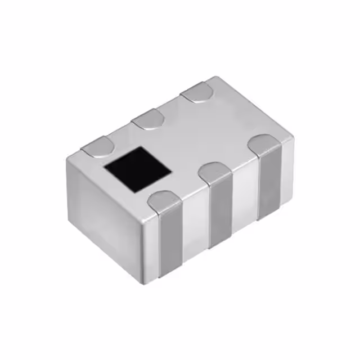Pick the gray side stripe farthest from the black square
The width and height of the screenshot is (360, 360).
(x=269, y=183)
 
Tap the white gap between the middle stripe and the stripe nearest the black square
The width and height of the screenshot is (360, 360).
(x=194, y=225)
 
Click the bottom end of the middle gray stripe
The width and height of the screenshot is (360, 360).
(x=220, y=246)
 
